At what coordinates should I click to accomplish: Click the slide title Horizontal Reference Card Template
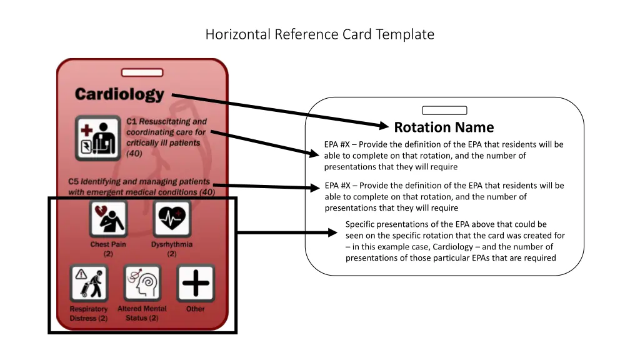coord(319,34)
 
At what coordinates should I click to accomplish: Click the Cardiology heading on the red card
coord(119,94)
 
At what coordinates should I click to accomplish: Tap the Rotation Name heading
coord(444,127)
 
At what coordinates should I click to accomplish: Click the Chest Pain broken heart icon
coord(108,219)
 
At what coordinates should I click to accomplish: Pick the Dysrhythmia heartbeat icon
coord(171,219)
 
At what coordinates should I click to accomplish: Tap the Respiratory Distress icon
coord(89,283)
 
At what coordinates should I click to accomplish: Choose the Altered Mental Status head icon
coord(142,283)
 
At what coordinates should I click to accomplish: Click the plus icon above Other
coord(196,283)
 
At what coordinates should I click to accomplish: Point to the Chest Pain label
coord(108,244)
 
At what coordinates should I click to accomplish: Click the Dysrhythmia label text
coord(171,244)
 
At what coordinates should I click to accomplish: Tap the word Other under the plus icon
coord(196,309)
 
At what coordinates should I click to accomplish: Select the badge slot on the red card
coord(142,72)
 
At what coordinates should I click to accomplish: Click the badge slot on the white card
coord(444,111)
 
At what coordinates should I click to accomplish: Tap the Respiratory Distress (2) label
coord(89,313)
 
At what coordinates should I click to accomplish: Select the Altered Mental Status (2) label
coord(142,313)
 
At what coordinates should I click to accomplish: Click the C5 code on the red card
coord(74,181)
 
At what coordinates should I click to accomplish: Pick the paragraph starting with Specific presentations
coord(454,241)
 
